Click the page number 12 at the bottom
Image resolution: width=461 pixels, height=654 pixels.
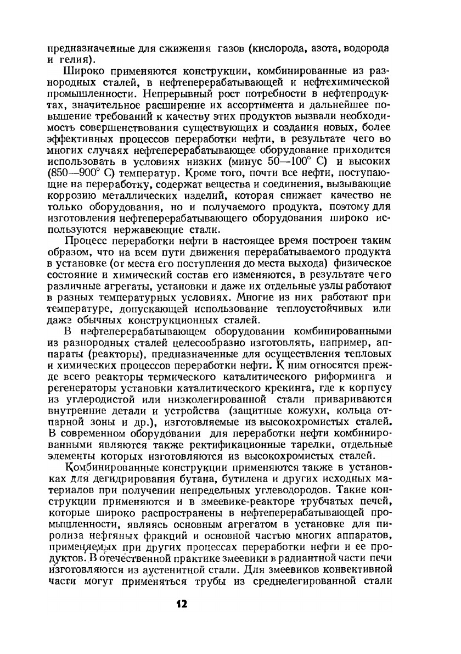[181, 603]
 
